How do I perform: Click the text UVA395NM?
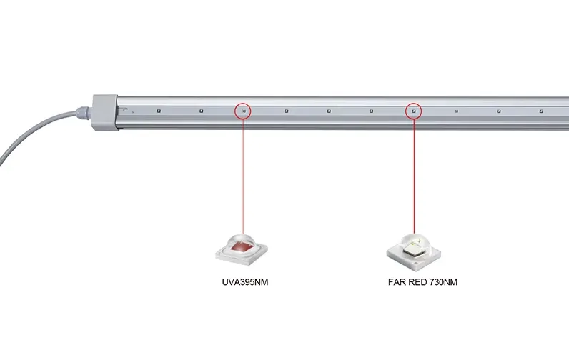[245, 282]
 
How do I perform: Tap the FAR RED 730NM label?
[422, 282]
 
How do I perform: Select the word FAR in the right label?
[397, 282]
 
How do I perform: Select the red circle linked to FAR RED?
[414, 103]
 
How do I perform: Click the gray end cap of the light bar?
[105, 113]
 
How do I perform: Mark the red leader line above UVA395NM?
[243, 177]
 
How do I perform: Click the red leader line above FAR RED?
[414, 177]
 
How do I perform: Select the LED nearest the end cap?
[159, 111]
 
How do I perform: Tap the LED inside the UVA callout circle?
[244, 111]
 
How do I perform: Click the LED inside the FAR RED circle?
[414, 111]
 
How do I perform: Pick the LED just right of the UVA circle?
[286, 111]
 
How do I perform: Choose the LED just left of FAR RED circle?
[371, 111]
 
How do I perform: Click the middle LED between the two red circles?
[328, 111]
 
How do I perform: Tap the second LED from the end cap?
[202, 111]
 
